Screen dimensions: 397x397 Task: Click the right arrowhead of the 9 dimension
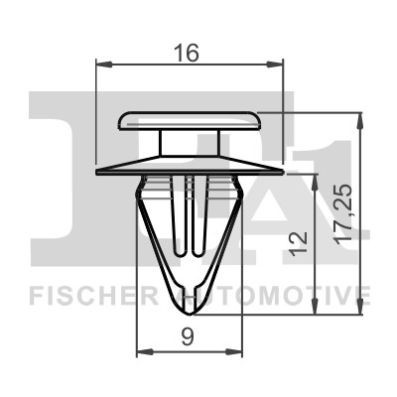[x=239, y=352]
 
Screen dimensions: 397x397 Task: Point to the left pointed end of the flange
[x=99, y=172]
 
